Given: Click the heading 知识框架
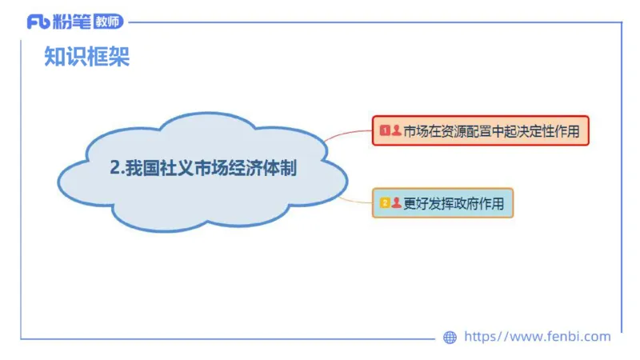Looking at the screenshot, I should tap(86, 57).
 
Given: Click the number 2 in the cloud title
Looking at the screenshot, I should tap(114, 170).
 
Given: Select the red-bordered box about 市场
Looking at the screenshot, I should tap(480, 130).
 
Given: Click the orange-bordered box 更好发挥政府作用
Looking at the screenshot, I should tap(442, 203).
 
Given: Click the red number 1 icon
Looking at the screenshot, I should tap(385, 130).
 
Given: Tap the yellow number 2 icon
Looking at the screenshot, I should tap(385, 203).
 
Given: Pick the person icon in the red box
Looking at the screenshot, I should tap(396, 130).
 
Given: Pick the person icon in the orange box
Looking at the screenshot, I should tap(396, 203).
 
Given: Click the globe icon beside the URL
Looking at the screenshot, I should tap(450, 338).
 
